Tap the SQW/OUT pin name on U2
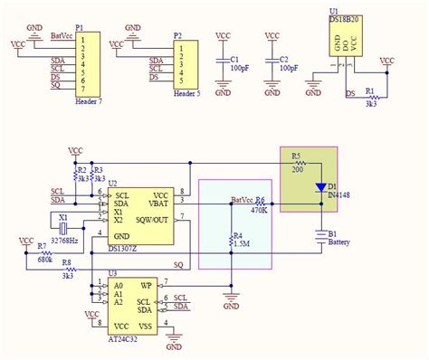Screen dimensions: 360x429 pyautogui.click(x=154, y=220)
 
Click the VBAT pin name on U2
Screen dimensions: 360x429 pyautogui.click(x=158, y=204)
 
